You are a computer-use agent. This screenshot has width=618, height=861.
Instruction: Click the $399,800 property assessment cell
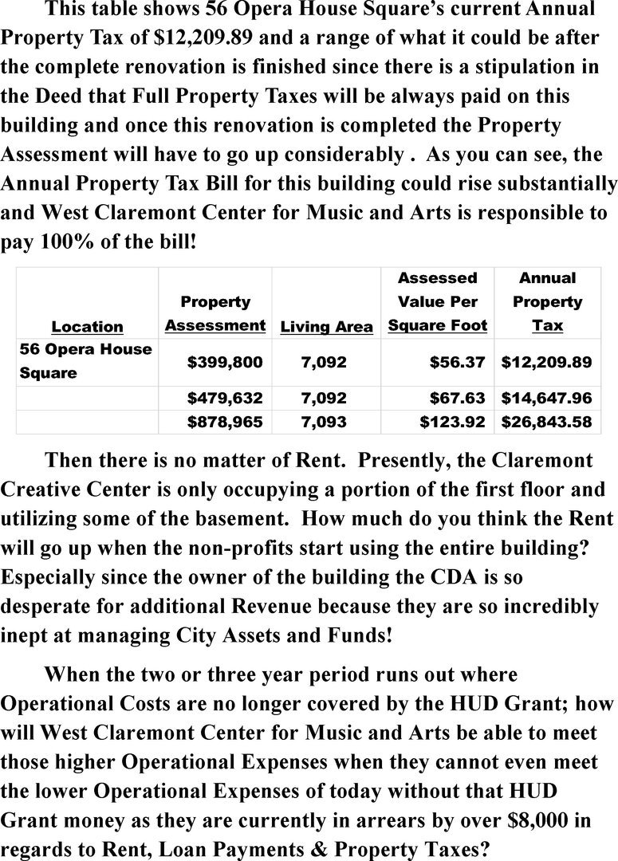pos(224,363)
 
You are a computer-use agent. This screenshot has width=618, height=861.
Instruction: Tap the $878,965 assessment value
pos(224,422)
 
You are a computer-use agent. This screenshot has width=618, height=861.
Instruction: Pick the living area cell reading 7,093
pos(324,422)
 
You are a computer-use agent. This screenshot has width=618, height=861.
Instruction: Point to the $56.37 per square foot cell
pos(457,363)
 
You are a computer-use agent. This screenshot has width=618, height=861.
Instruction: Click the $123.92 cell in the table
pos(452,422)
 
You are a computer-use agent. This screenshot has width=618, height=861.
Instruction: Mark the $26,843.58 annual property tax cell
pos(546,422)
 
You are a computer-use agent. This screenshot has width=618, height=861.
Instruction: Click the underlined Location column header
pos(87,327)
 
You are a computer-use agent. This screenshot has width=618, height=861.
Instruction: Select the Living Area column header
pos(326,327)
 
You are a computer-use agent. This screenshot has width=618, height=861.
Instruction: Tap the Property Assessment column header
pos(215,314)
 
